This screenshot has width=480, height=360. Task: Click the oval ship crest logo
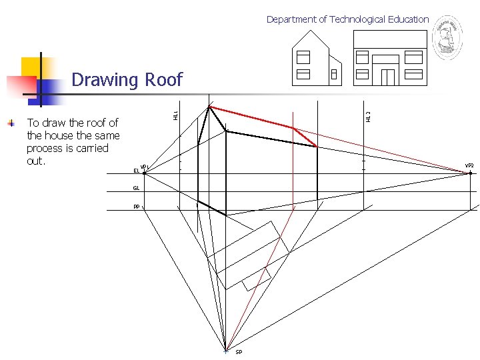pos(447,38)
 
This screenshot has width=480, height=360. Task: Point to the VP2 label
pos(469,165)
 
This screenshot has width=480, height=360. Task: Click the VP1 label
pos(145,166)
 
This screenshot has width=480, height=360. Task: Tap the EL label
pos(136,171)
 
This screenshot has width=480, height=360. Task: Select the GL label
pos(136,189)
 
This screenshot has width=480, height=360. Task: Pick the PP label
pos(136,207)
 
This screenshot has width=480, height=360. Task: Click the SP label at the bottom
pos(238,352)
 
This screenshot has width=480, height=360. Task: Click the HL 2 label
pos(368,115)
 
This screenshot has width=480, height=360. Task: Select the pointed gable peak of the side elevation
pos(311,33)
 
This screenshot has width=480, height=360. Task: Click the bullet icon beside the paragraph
pos(11,123)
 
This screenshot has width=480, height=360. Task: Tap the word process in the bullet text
pos(44,148)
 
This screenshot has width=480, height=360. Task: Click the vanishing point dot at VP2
pos(470,173)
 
